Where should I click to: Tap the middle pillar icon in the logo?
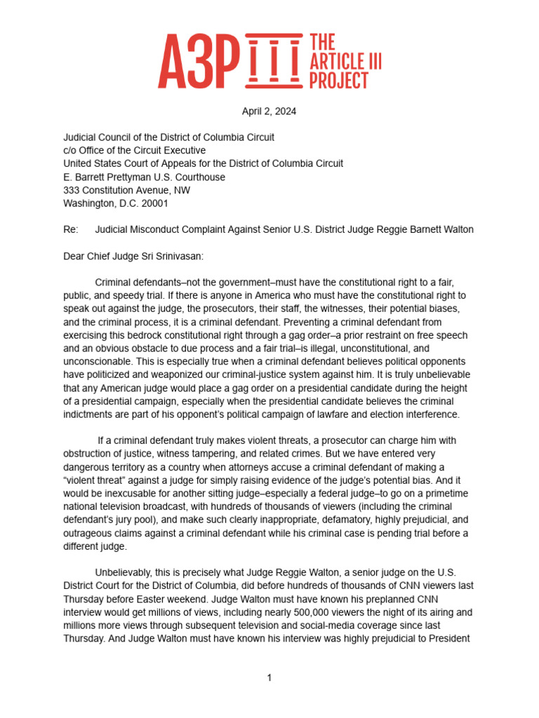click(274, 61)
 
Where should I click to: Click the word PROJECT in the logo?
click(339, 81)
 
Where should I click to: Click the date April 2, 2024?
click(269, 111)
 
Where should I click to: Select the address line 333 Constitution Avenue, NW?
click(126, 190)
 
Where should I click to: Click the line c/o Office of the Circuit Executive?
click(135, 150)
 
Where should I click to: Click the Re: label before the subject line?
click(71, 230)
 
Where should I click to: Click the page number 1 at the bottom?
click(269, 678)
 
